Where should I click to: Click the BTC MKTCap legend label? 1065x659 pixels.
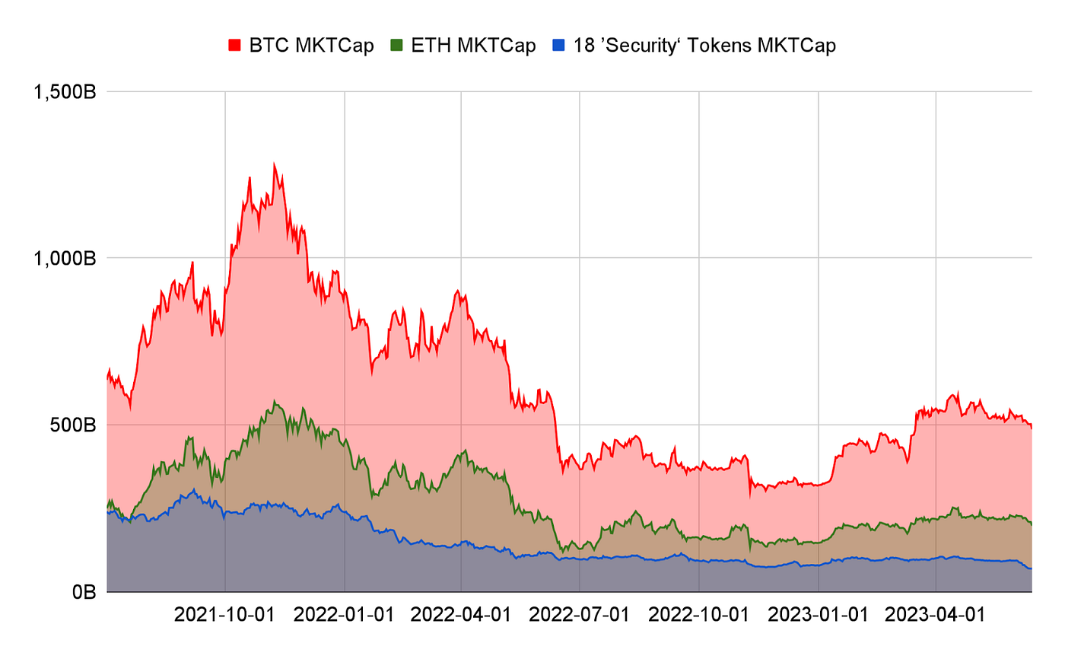pos(312,46)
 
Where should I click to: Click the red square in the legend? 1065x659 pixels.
pos(236,46)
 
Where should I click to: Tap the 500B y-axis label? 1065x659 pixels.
pos(71,425)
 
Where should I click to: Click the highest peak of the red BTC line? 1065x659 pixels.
pos(274,164)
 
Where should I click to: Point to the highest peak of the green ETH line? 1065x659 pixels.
pos(275,401)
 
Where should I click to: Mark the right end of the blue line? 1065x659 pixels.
pos(1031,568)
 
